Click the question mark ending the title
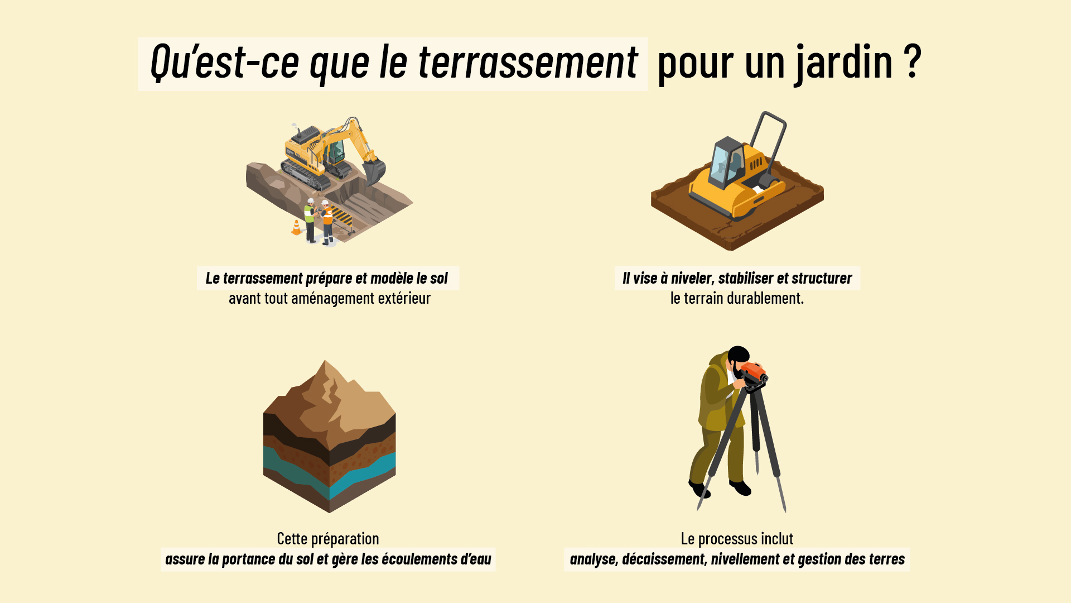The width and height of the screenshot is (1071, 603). click(x=912, y=61)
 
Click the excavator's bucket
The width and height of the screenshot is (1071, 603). click(x=374, y=170)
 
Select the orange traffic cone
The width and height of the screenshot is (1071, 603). click(x=296, y=227)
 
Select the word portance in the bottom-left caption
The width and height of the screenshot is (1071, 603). click(x=247, y=559)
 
